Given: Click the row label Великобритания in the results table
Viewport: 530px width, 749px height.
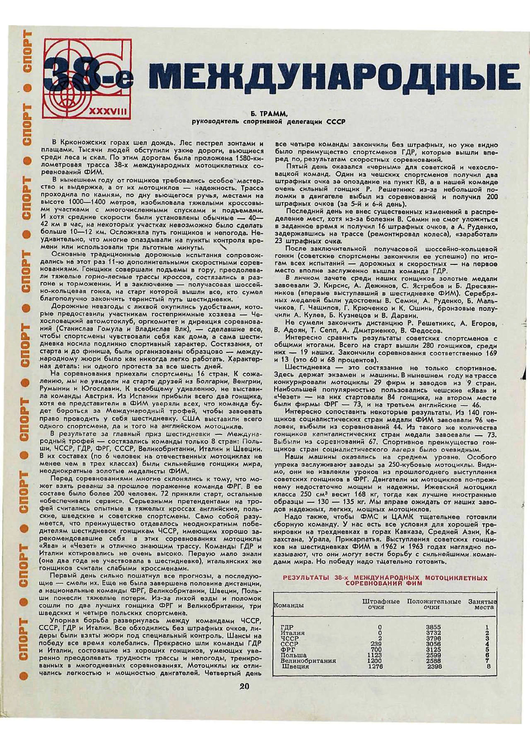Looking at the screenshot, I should pos(308,661).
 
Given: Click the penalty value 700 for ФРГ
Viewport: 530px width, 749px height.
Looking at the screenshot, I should pos(376,649).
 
